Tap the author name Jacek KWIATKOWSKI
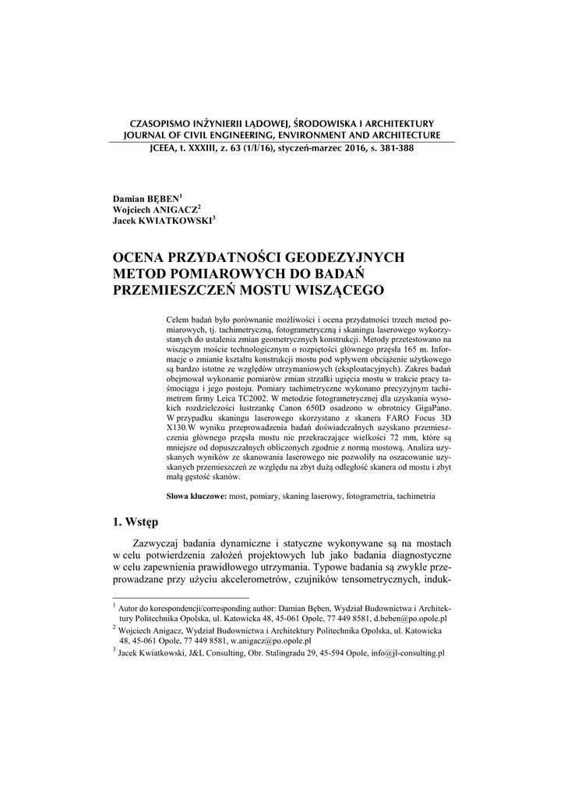coord(163,221)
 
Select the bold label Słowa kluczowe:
coord(197,496)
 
